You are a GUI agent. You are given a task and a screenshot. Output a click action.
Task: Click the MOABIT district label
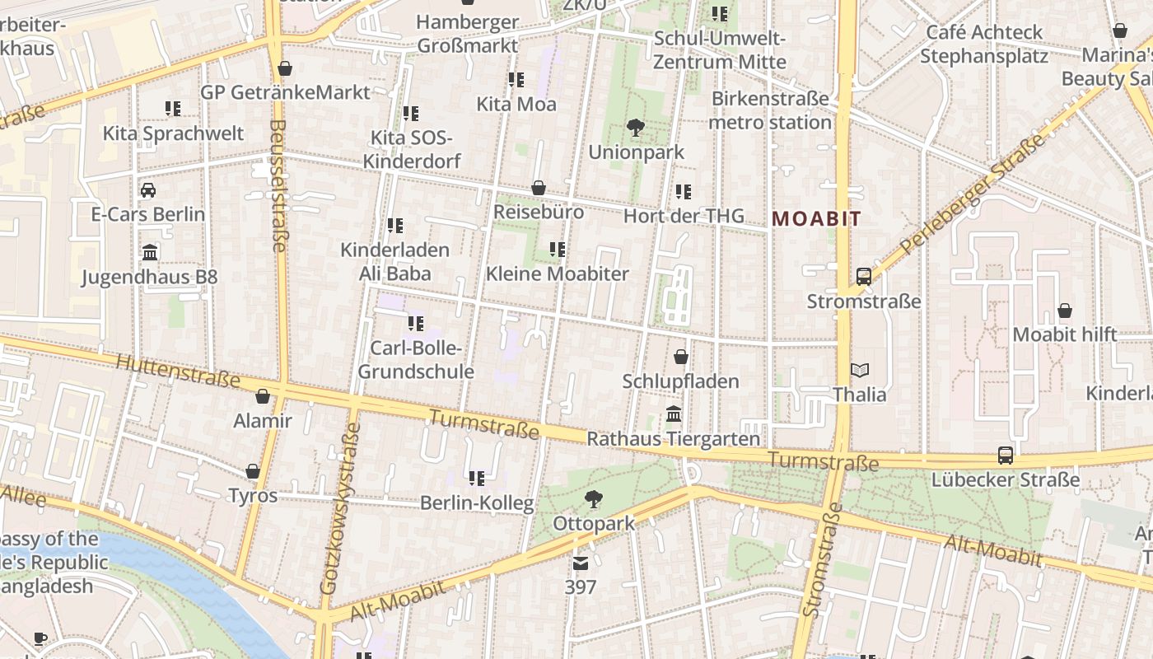coord(816,219)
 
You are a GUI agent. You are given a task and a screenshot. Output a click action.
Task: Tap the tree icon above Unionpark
coord(635,128)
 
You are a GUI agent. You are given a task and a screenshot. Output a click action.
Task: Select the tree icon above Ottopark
coord(593,499)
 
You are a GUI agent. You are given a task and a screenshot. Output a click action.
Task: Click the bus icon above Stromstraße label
coord(863,277)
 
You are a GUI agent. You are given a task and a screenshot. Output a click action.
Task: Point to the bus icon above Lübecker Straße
coord(1005,456)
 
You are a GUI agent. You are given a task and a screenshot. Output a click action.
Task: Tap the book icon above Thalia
coord(859,371)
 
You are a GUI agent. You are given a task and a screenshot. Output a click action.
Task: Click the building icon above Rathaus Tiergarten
coord(674,414)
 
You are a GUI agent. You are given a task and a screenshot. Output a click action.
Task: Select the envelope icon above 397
coord(581,564)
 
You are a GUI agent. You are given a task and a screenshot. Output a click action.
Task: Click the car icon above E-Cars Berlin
coord(148,190)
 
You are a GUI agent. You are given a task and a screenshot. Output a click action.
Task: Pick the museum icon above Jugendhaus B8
coord(150,252)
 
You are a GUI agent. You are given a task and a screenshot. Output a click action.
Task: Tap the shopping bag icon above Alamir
coord(263,397)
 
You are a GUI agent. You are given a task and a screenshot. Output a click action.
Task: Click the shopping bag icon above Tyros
coord(253,472)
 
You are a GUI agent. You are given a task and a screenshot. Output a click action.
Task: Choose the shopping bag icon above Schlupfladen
coord(681,358)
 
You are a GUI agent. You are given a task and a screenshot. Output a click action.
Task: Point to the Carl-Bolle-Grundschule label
coord(416,360)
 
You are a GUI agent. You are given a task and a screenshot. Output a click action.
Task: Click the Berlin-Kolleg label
coord(477,502)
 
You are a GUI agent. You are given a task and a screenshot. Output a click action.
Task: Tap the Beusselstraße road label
coord(278,185)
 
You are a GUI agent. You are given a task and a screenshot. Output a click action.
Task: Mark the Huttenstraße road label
coord(178,372)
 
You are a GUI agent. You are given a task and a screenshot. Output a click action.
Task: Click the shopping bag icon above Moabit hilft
coord(1065,311)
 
